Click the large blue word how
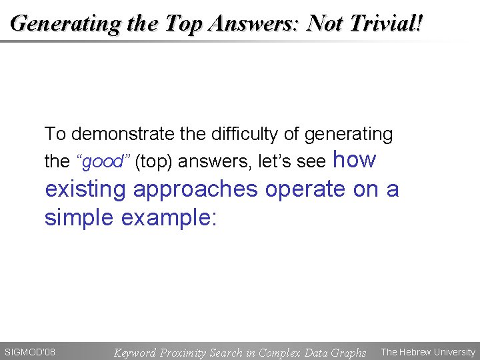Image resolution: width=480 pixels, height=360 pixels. pos(354,160)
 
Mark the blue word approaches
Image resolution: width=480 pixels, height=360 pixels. pos(195,190)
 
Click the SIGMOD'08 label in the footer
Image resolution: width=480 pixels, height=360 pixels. pos(30,351)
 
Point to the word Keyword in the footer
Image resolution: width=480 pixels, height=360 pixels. pos(135,352)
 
